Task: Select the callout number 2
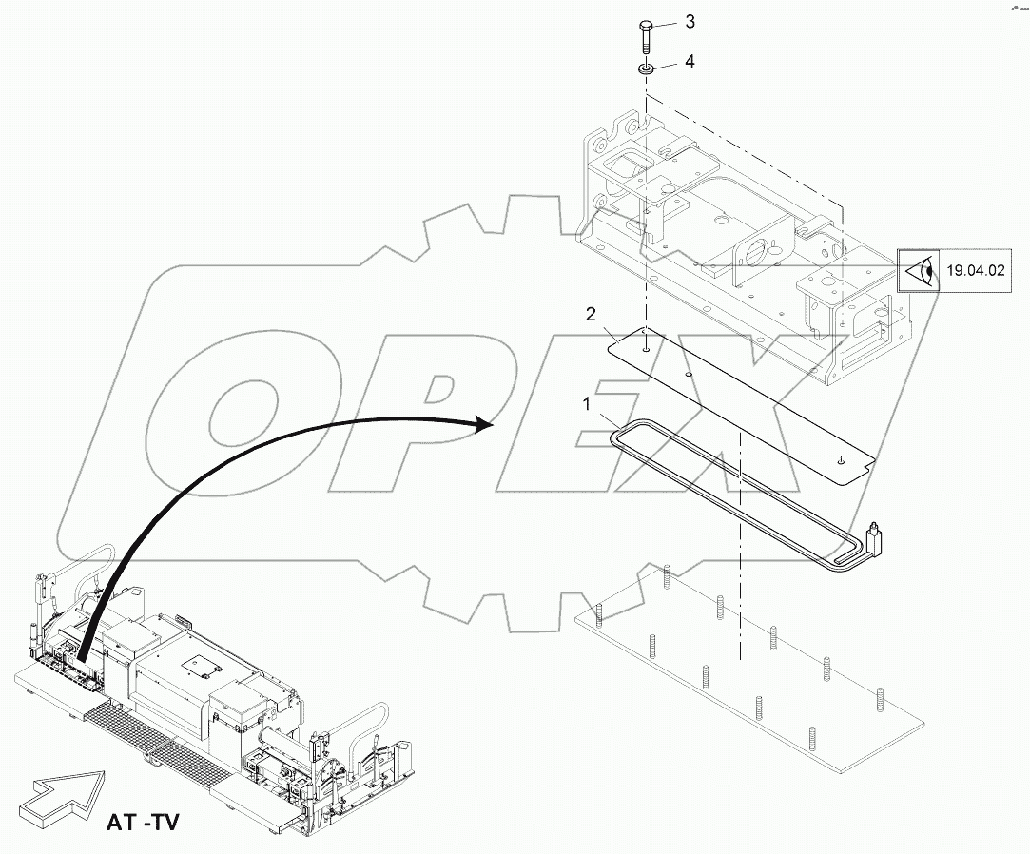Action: [590, 314]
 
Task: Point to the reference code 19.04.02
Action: [975, 271]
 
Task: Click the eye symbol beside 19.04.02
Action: [919, 271]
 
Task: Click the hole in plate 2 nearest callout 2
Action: [645, 350]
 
